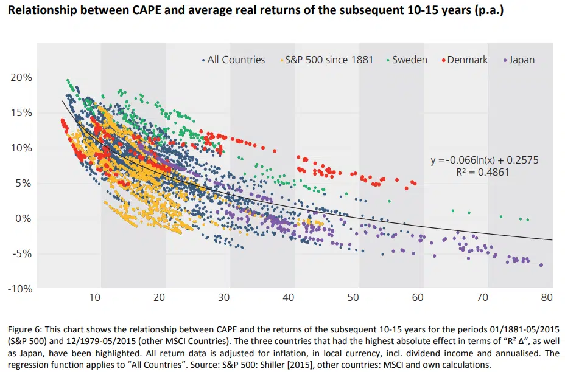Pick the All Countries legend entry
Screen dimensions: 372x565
click(236, 60)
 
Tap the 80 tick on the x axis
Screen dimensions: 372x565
click(546, 298)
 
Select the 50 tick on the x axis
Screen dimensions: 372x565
click(353, 298)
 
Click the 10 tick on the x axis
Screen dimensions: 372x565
click(94, 298)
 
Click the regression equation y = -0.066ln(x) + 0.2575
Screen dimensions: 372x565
click(485, 160)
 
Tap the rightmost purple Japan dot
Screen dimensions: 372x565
click(541, 265)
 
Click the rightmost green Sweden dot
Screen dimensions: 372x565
click(528, 219)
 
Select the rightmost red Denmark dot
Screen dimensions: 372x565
click(415, 182)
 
